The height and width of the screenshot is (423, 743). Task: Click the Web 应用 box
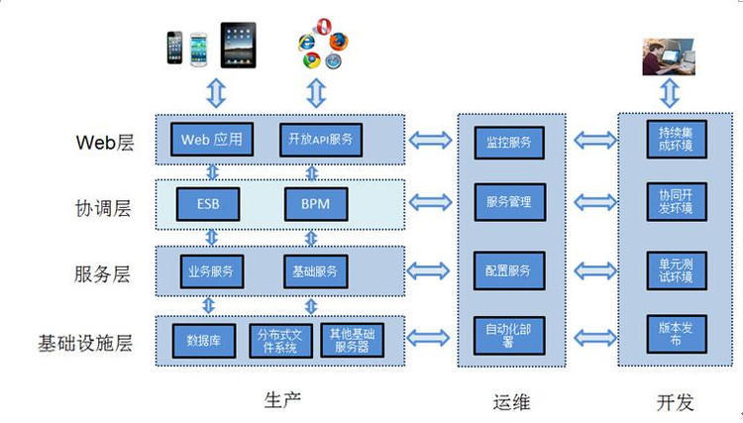click(x=212, y=139)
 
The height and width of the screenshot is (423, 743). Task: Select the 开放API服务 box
click(x=319, y=139)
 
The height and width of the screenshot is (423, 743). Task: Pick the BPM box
click(x=314, y=204)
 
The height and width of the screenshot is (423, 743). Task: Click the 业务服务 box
click(x=210, y=270)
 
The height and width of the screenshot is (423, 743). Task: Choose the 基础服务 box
click(x=315, y=270)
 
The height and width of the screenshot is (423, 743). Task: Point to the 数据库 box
click(x=203, y=340)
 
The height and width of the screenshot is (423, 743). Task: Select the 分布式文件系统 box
click(x=283, y=340)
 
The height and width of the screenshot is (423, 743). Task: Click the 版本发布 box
click(x=669, y=334)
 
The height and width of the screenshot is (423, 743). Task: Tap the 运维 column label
click(x=510, y=401)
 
